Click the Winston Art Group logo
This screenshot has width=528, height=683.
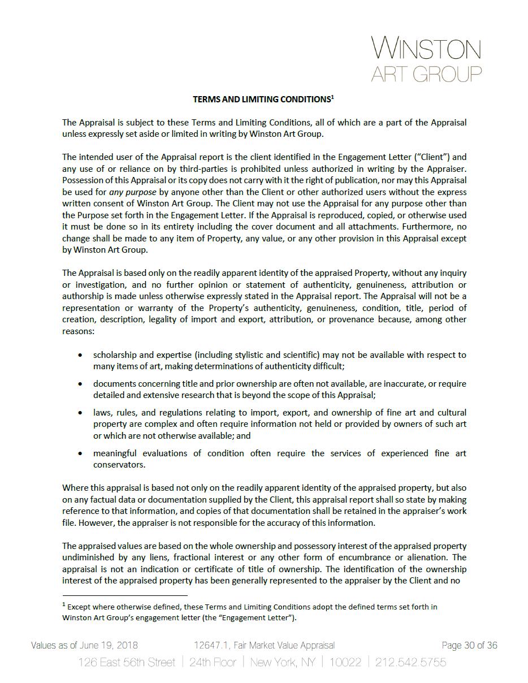tap(426, 59)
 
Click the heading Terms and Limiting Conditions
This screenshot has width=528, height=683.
tap(261, 100)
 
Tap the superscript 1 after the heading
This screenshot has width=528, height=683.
tap(333, 97)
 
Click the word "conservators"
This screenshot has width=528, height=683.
tap(119, 465)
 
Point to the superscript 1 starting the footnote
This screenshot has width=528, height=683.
tap(64, 606)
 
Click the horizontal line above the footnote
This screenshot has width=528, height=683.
tap(124, 595)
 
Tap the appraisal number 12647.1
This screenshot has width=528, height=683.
tap(210, 646)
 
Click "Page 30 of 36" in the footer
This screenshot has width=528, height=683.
tap(469, 646)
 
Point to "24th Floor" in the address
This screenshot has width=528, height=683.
tap(213, 662)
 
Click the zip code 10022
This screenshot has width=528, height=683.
tap(345, 662)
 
